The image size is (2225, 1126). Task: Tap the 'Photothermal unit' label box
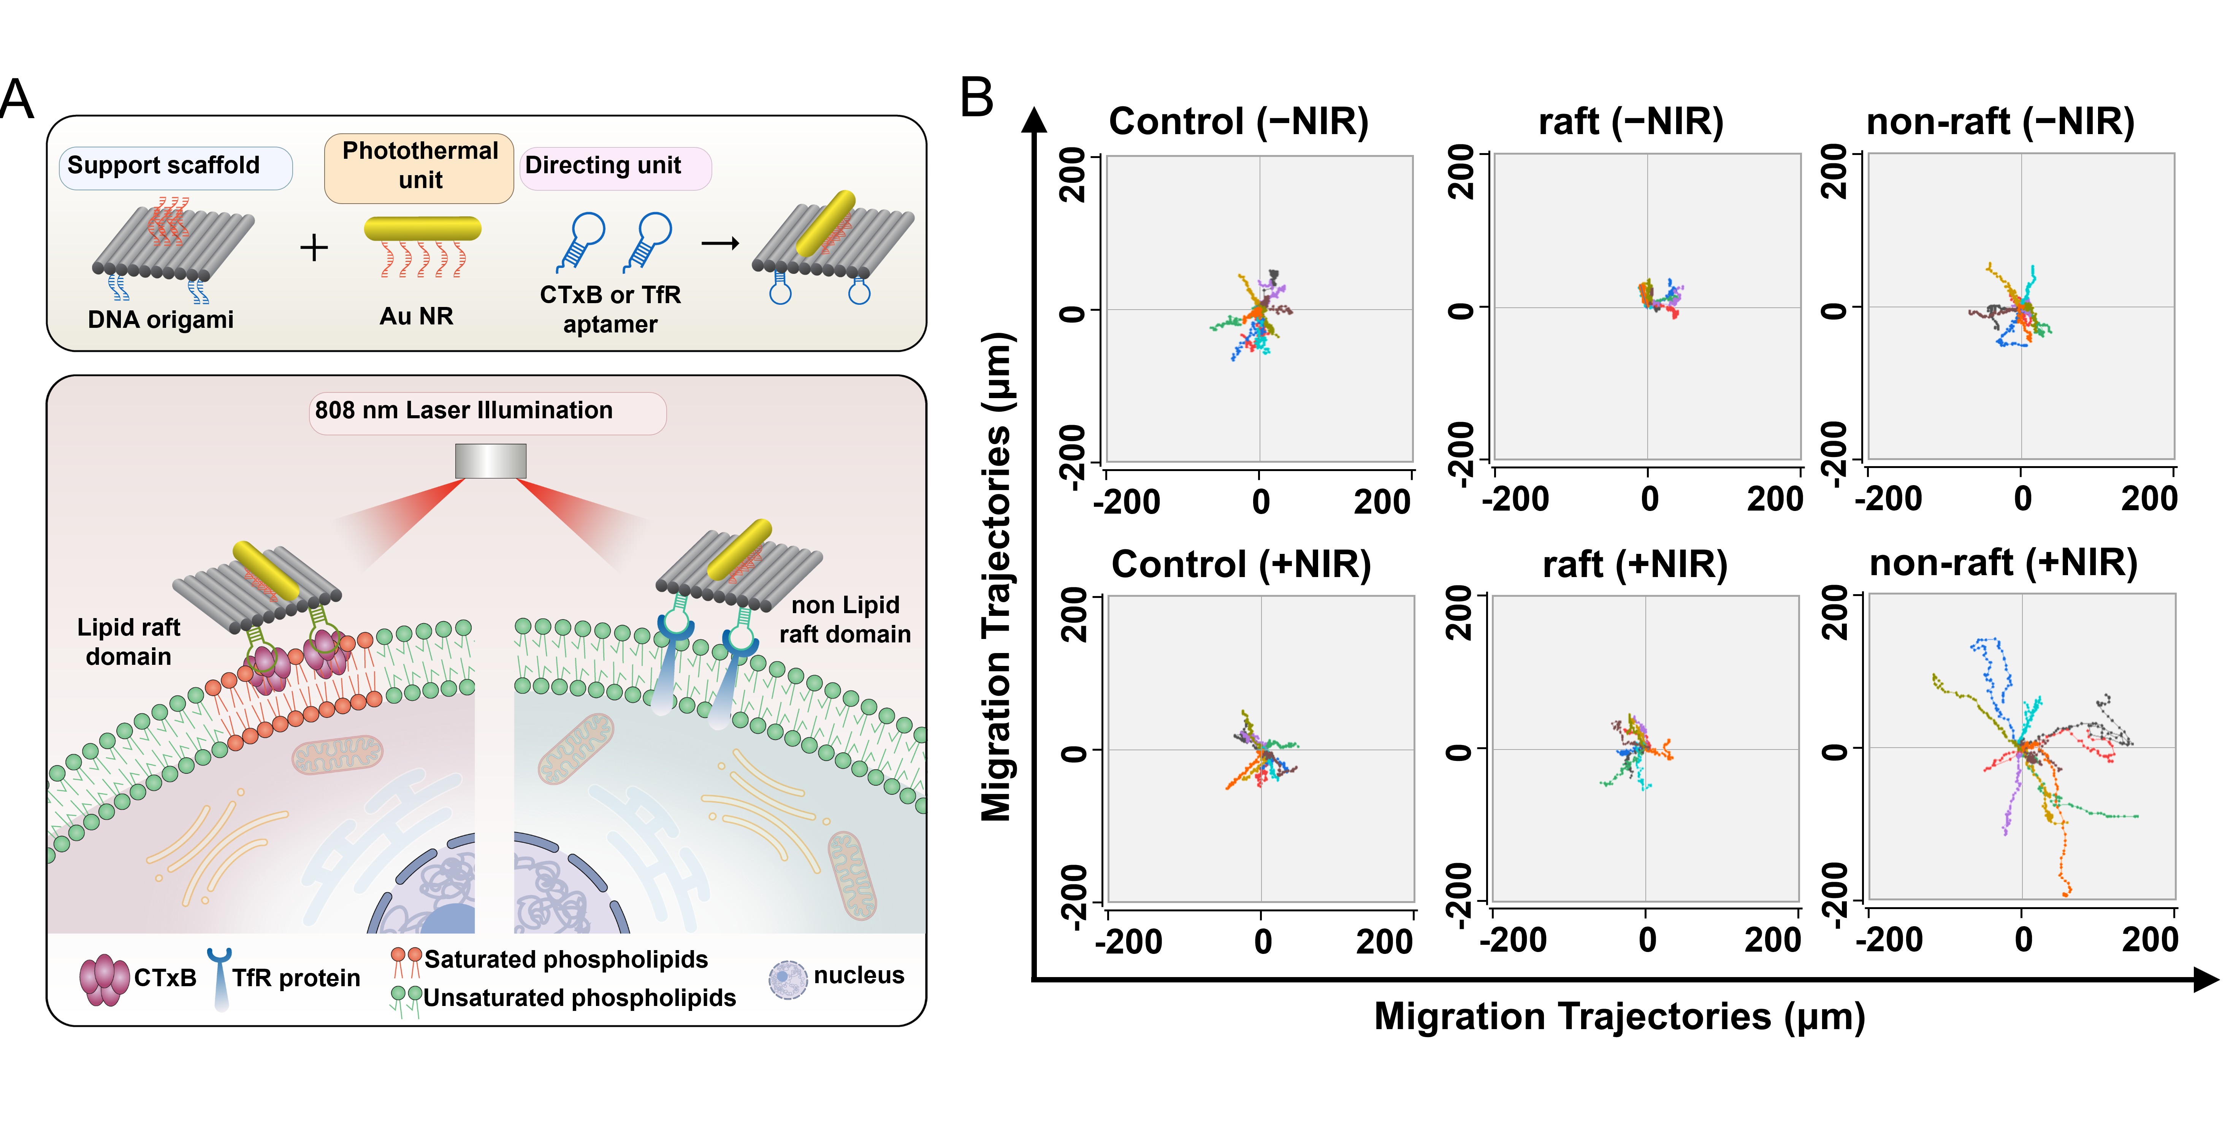[x=420, y=167]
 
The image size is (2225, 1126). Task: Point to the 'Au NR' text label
[x=416, y=317]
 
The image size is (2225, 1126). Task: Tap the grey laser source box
[x=491, y=460]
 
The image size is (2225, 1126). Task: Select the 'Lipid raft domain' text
[x=129, y=642]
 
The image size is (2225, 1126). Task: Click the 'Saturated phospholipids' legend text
[x=566, y=959]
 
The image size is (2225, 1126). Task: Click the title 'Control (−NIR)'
[x=1239, y=122]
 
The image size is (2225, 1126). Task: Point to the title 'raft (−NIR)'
[x=1631, y=122]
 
